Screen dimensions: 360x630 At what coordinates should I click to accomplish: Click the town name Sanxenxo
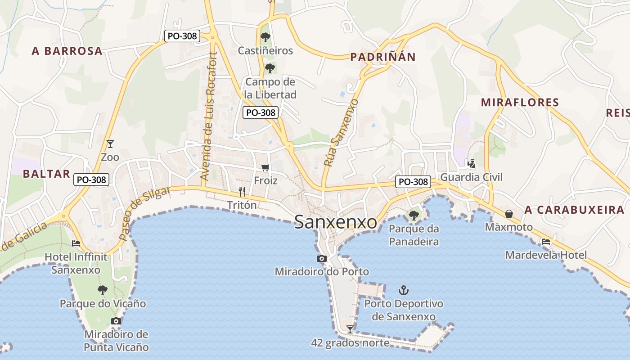point(336,222)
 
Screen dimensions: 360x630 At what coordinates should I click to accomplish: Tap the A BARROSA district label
point(67,51)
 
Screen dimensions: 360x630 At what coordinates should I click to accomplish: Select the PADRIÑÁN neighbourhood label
point(382,57)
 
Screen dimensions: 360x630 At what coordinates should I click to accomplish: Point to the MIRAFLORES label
point(520,103)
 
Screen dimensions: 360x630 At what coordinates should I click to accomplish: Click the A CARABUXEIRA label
point(574,210)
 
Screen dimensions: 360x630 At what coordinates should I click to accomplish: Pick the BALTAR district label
point(46,174)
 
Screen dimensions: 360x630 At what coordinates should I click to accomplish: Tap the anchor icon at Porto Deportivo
point(404,290)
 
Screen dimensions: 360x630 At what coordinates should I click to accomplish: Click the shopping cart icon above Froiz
point(265,167)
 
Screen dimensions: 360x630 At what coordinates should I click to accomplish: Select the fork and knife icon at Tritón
point(242,192)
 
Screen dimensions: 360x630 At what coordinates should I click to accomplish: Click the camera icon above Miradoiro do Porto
point(321,258)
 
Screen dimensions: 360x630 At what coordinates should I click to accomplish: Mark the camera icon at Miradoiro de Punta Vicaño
point(116,321)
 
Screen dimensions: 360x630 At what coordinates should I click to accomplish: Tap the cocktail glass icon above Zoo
point(110,144)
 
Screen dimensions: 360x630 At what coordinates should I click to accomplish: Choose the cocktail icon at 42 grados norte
point(350,329)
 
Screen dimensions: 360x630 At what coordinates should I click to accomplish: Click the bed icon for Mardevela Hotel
point(546,242)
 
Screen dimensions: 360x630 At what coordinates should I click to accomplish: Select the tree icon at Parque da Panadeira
point(414,215)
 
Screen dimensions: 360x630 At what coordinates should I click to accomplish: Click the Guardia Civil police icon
point(471,164)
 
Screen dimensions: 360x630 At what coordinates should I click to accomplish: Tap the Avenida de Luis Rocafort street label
point(209,117)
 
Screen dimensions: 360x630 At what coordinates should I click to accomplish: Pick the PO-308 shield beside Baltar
point(91,180)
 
